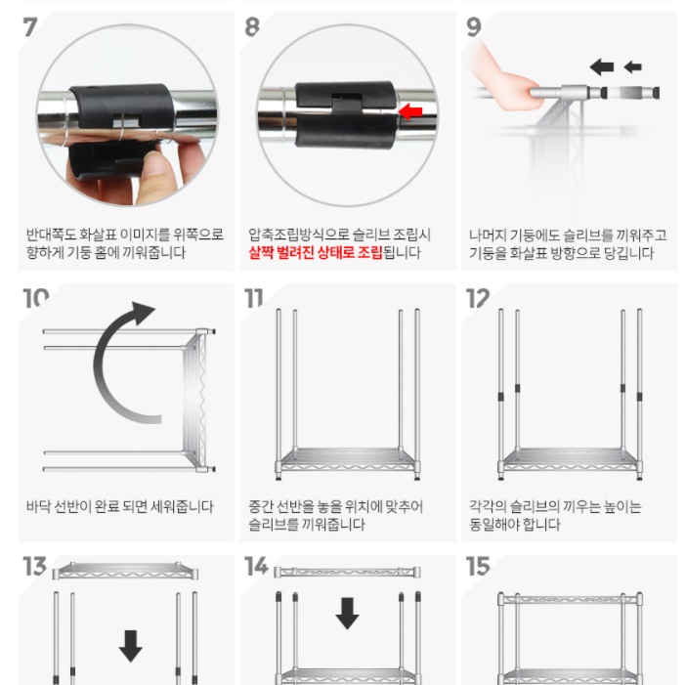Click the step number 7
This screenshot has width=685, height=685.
(x=31, y=25)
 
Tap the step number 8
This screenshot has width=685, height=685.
(x=252, y=26)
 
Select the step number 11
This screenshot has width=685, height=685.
(x=254, y=297)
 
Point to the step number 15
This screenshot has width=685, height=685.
(x=477, y=567)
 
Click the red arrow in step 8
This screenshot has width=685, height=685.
(x=410, y=111)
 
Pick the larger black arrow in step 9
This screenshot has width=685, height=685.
(x=602, y=66)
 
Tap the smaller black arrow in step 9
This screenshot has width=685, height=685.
(x=633, y=66)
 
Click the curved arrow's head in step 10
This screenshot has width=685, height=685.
(x=142, y=315)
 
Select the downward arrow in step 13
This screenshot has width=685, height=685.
(x=130, y=645)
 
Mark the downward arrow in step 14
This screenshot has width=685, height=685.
(x=347, y=614)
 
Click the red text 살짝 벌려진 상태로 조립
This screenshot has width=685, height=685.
(x=312, y=253)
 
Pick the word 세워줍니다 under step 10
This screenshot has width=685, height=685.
(x=180, y=506)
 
